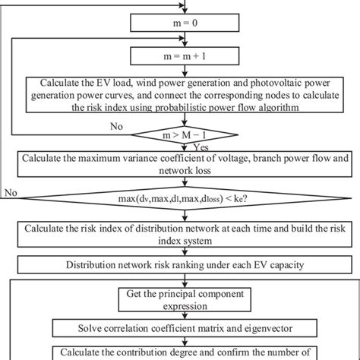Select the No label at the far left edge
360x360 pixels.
10,193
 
